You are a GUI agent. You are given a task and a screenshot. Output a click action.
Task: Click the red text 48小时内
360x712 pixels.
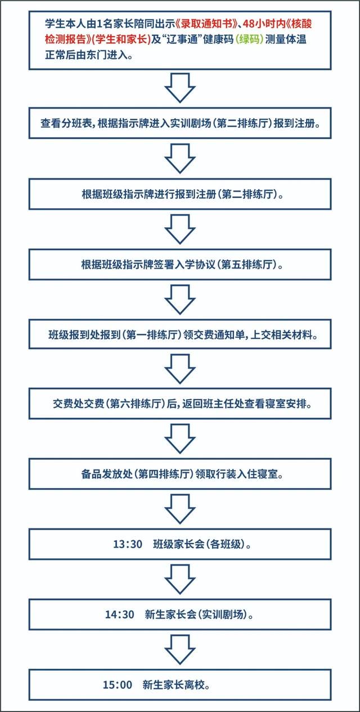tap(264, 24)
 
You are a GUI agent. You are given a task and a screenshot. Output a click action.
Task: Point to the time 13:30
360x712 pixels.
tap(128, 544)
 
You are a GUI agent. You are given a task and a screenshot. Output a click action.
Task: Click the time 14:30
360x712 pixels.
tap(119, 615)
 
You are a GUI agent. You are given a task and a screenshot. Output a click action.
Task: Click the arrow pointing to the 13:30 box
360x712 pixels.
tap(180, 509)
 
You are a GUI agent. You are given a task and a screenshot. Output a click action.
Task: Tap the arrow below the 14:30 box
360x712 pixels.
tap(180, 650)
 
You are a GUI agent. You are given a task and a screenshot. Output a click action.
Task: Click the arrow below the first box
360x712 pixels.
tap(180, 88)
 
